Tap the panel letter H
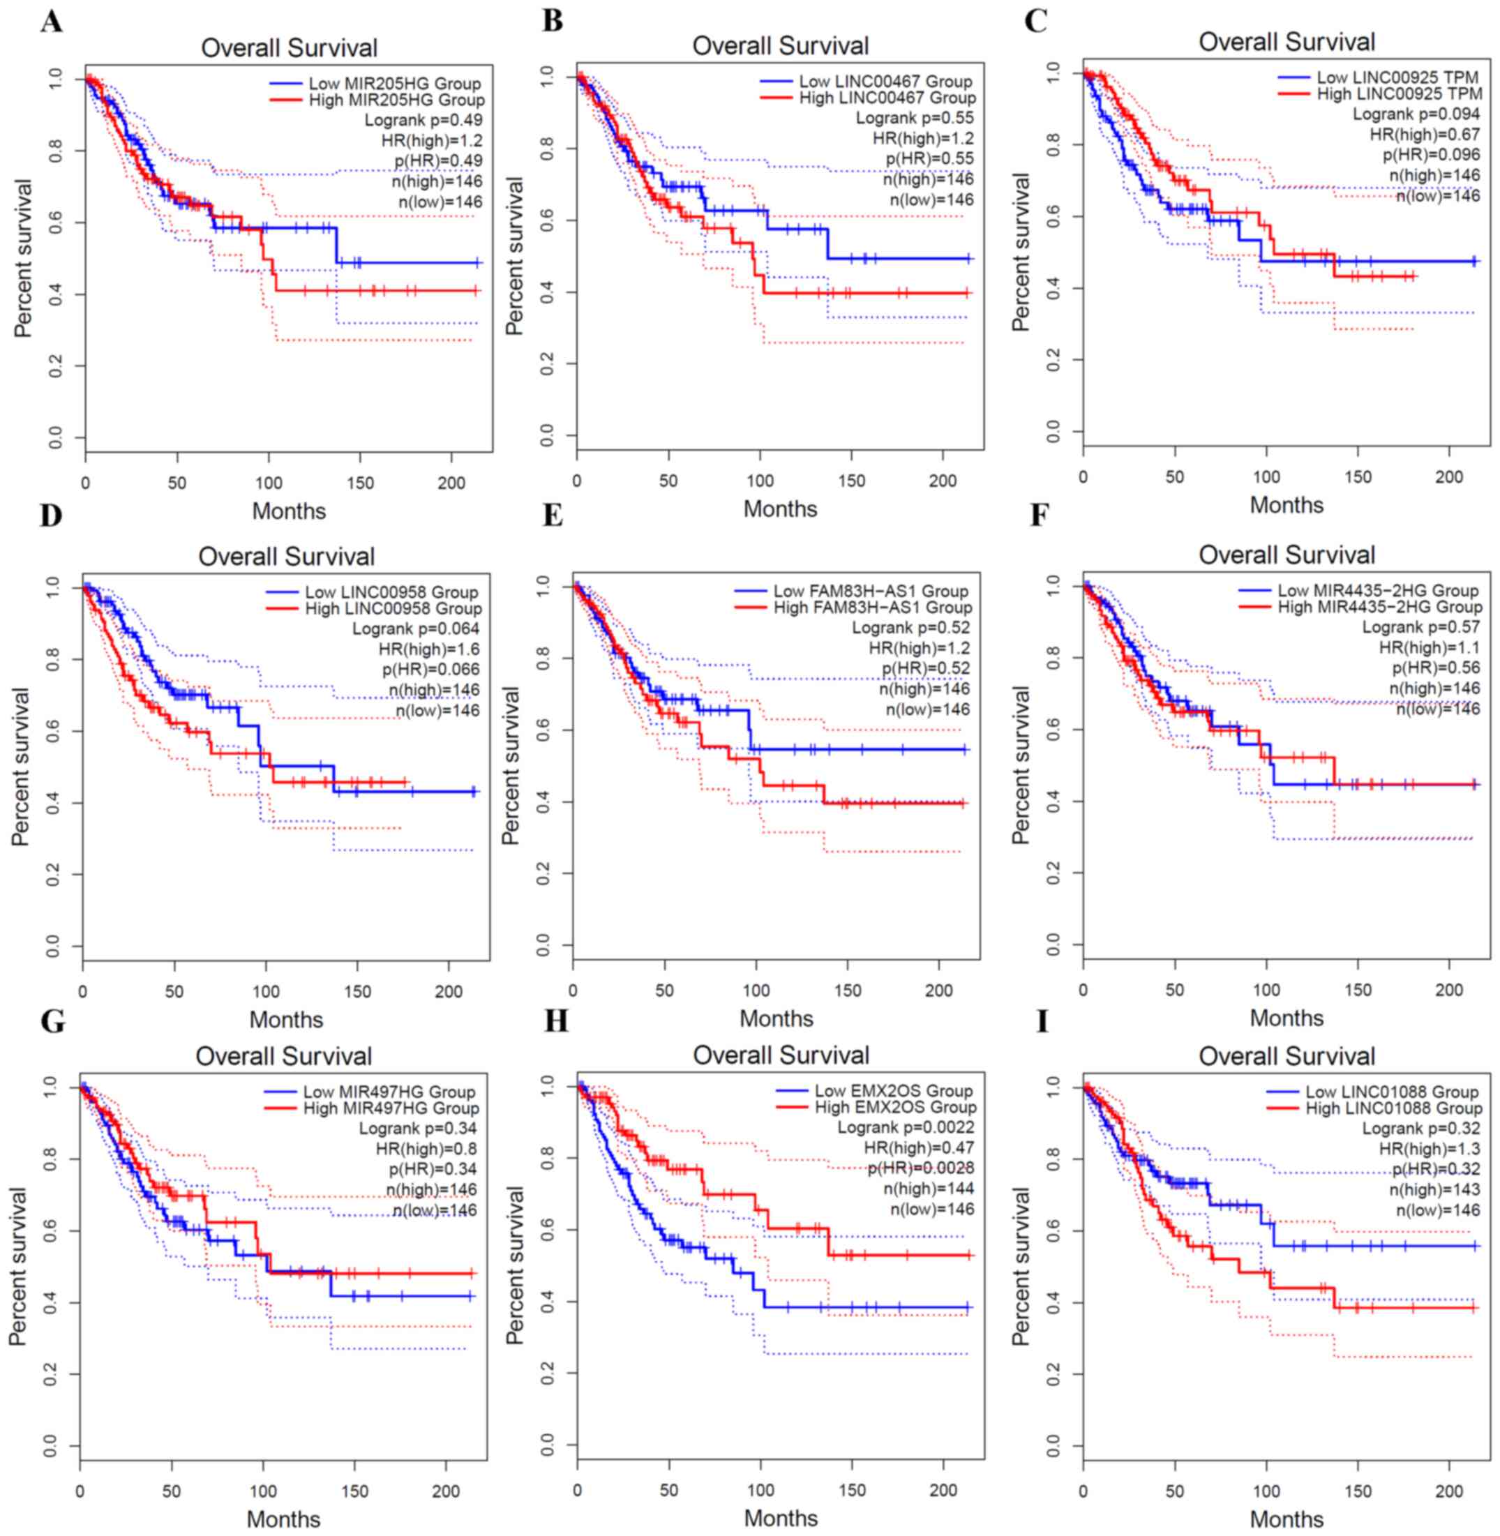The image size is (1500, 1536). click(555, 1022)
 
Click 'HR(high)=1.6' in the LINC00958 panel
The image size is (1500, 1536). click(428, 649)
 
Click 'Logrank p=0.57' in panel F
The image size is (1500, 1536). click(1421, 627)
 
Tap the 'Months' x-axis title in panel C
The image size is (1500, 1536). click(1286, 505)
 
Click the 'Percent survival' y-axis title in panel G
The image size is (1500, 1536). click(18, 1254)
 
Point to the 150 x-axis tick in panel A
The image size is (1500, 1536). click(360, 483)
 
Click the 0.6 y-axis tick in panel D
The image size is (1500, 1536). click(54, 732)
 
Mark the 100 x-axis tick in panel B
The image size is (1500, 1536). click(760, 481)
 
